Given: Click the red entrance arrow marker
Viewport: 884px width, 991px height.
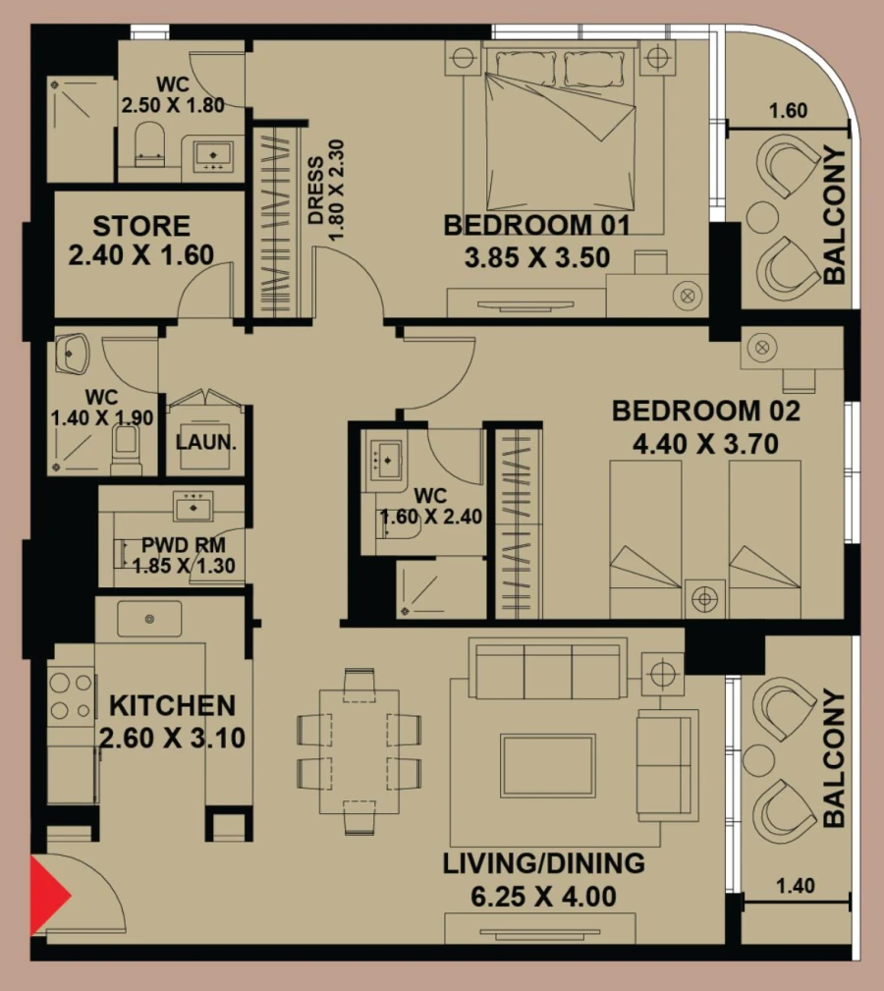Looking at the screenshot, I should pyautogui.click(x=49, y=896).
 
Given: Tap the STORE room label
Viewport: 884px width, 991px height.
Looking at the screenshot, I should pyautogui.click(x=140, y=226).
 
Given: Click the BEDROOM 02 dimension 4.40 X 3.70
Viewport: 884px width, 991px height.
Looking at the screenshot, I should pyautogui.click(x=705, y=444).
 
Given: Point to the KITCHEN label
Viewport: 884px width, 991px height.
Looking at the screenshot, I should pyautogui.click(x=172, y=705).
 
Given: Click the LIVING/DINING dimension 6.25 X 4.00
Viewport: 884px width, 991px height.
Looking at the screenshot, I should pyautogui.click(x=542, y=897).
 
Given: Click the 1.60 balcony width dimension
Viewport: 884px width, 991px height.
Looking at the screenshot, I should pyautogui.click(x=788, y=110).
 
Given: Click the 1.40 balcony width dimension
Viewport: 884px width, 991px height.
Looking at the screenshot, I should pyautogui.click(x=795, y=886).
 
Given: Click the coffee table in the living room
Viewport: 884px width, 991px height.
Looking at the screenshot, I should pyautogui.click(x=547, y=764).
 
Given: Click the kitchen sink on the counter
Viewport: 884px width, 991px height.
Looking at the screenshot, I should pyautogui.click(x=149, y=619).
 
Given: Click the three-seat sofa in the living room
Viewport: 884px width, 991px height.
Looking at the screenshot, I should pyautogui.click(x=546, y=668).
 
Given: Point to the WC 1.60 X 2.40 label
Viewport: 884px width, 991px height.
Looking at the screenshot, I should pyautogui.click(x=433, y=506).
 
